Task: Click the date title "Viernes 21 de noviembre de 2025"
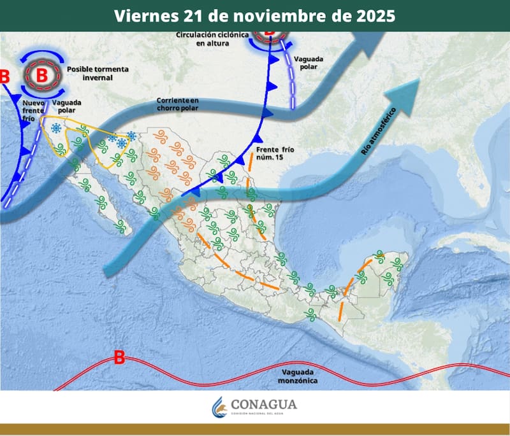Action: click(x=254, y=15)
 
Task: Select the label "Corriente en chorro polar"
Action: click(x=178, y=104)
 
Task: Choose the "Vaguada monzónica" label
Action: click(x=298, y=376)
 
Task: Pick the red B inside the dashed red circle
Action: click(x=41, y=75)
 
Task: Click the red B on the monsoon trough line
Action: click(x=119, y=358)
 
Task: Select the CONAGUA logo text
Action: click(x=265, y=405)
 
